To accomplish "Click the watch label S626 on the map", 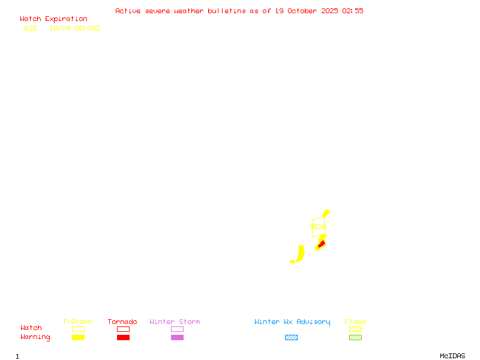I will coord(318,227).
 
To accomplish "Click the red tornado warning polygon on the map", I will coord(322,244).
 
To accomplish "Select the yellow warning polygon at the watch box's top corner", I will coord(326,213).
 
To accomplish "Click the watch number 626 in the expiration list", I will coord(31,28).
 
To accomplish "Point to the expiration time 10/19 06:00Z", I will coord(74,28).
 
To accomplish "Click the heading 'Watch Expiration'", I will coord(53,19).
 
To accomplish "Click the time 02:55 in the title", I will coord(353,11).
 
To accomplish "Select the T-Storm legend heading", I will coord(77,322).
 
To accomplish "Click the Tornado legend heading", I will coord(122,322).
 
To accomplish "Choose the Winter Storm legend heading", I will coord(175,322).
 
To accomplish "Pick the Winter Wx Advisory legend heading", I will coord(292,322).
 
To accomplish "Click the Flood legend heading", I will coord(355,322).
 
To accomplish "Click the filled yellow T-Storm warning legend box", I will coord(78,337).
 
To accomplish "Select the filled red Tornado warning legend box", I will coord(123,337).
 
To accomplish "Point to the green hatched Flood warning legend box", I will coord(355,337).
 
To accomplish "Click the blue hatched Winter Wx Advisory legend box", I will coord(291,337).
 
